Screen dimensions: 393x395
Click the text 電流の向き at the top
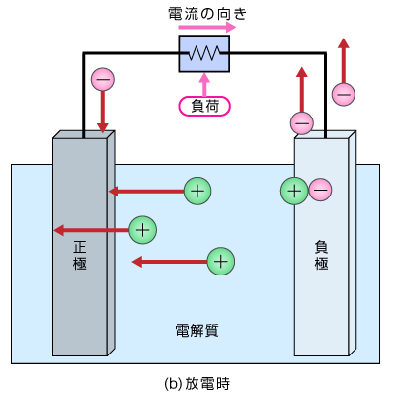203,14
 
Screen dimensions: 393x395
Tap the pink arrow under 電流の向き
203,30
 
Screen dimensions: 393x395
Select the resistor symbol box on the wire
203,54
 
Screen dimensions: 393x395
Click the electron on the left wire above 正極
102,79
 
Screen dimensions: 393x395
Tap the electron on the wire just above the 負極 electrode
303,123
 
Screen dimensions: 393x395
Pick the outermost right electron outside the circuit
344,94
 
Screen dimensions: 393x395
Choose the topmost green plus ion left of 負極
198,191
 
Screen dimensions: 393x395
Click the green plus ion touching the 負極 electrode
294,190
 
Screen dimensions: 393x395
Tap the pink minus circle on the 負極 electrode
320,190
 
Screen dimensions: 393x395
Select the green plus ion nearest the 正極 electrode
143,230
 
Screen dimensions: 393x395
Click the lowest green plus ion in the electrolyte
221,261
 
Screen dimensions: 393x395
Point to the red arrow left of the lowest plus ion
168,262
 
